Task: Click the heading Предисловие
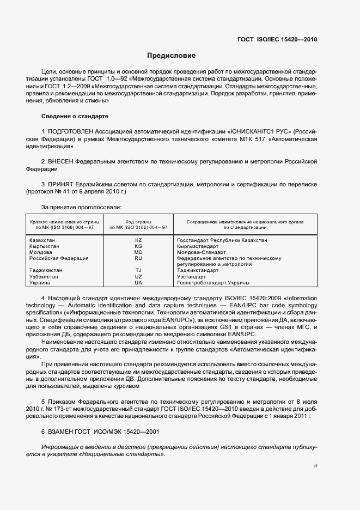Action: (171, 56)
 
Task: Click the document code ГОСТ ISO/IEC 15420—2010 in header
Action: (277, 40)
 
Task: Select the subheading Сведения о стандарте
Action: (75, 117)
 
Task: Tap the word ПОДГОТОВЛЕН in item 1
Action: (71, 132)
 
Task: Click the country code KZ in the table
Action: (138, 240)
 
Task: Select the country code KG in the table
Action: (138, 246)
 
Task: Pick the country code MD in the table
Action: (138, 252)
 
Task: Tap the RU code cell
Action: (138, 258)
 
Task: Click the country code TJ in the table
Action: (138, 270)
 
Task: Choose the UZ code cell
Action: (138, 277)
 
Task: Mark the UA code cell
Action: (138, 283)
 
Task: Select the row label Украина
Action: (40, 283)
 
